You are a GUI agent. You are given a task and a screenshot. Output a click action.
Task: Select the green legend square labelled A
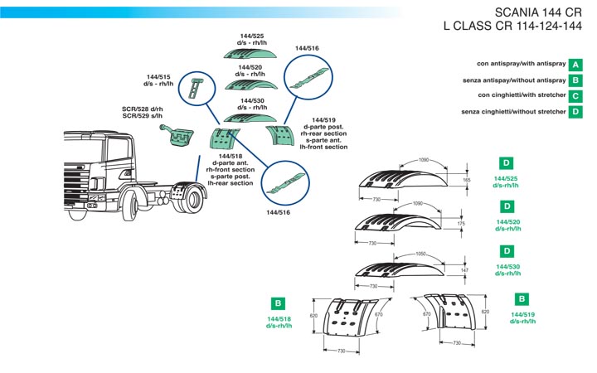575,64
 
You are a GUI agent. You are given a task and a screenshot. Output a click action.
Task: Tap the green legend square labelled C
575,96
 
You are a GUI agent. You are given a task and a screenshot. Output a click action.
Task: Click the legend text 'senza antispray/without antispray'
514,80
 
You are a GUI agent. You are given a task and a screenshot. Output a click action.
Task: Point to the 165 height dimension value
466,179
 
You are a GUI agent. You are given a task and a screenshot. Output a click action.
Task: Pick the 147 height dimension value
464,270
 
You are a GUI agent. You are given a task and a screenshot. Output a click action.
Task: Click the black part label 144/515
158,76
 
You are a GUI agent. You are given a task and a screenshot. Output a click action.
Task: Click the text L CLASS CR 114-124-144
512,27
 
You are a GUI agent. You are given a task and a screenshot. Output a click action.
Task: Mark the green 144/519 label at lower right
523,317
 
